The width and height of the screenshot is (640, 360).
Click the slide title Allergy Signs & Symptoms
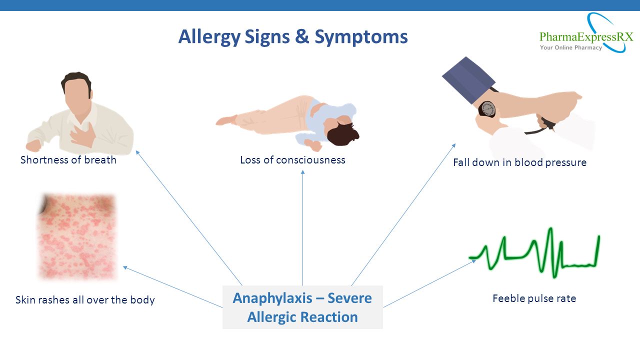tap(293, 37)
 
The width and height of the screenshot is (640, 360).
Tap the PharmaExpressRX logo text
tap(586, 37)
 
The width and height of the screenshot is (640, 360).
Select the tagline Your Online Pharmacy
tap(571, 47)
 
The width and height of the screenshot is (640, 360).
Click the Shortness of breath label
tap(68, 160)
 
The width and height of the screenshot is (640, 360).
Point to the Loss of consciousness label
tap(292, 160)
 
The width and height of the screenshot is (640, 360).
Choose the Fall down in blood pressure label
tap(519, 162)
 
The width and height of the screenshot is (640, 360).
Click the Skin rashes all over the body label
tap(85, 300)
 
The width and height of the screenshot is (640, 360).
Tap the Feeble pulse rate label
tap(534, 298)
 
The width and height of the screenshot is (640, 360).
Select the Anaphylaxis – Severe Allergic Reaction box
tap(302, 307)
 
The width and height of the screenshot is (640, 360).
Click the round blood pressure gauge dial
tap(487, 109)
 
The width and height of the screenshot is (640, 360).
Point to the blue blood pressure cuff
tap(468, 80)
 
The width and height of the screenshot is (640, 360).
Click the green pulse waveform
tap(534, 253)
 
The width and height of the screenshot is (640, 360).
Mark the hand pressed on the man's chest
tap(82, 135)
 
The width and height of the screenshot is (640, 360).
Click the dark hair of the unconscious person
tap(342, 133)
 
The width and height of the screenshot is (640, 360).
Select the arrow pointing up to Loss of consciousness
tap(303, 228)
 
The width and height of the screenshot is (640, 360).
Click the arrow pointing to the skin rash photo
tap(172, 287)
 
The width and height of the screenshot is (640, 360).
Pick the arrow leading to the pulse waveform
tap(429, 283)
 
